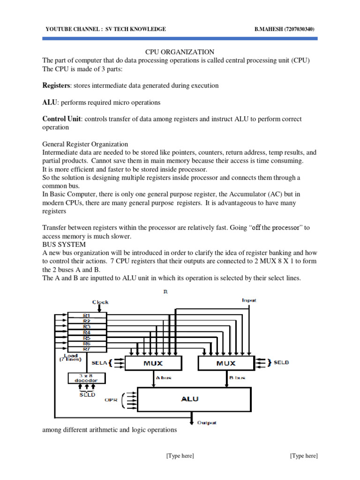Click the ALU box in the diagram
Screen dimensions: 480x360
click(190, 399)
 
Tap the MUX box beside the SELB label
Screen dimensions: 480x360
click(225, 363)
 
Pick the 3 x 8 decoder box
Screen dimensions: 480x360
click(87, 378)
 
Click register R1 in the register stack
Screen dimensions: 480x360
click(87, 315)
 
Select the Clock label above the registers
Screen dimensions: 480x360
click(100, 302)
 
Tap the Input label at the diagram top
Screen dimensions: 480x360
click(249, 300)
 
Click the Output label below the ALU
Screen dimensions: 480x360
click(206, 422)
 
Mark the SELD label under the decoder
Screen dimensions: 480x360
click(86, 395)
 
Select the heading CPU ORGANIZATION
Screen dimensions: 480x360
click(180, 52)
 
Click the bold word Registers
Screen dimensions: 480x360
click(56, 86)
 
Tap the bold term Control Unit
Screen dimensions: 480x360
click(61, 119)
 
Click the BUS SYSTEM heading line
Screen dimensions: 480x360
click(64, 245)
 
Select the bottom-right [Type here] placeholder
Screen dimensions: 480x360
click(304, 456)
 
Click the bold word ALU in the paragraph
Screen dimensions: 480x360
click(49, 102)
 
